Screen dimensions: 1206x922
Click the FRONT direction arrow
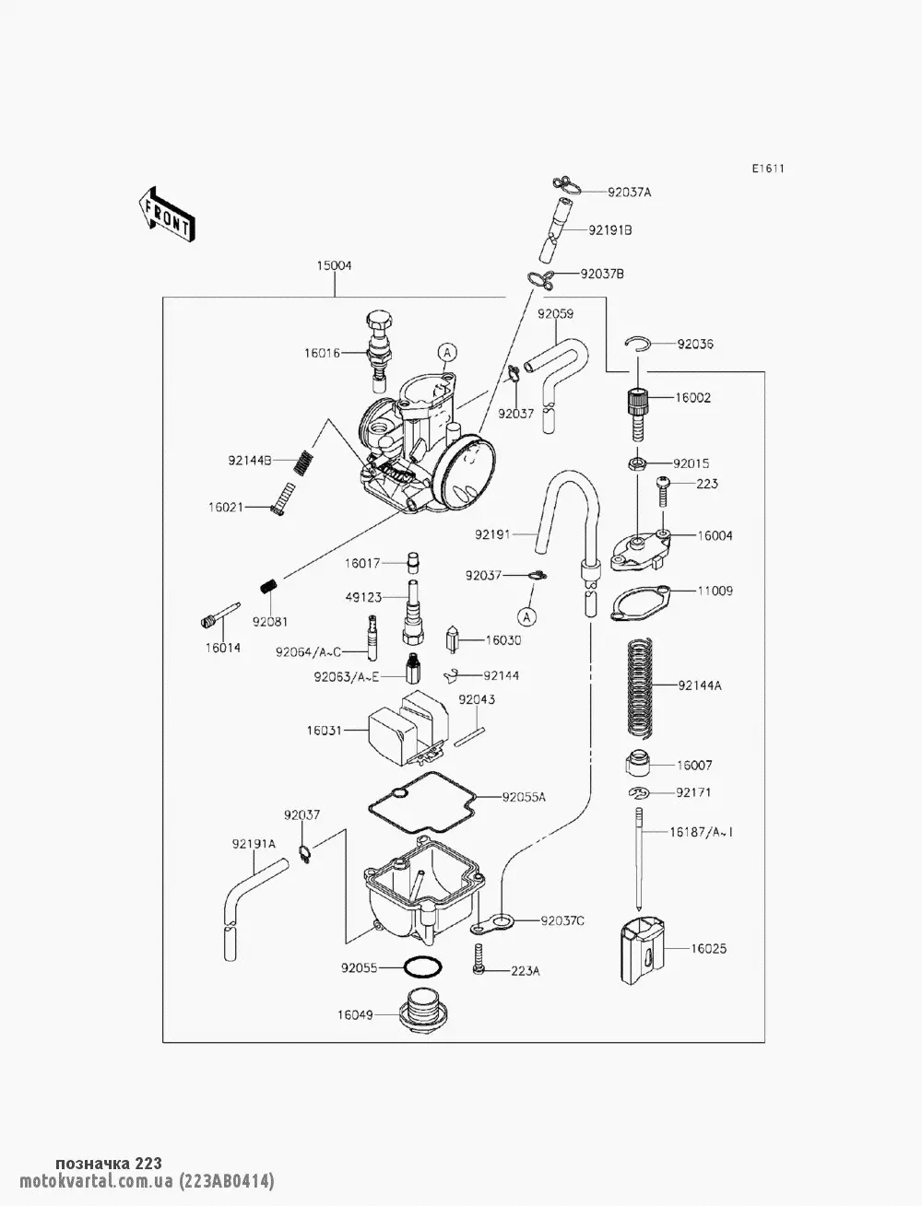(166, 214)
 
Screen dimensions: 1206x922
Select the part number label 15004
(335, 265)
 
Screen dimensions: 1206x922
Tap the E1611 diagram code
(767, 169)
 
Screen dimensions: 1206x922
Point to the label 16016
(322, 353)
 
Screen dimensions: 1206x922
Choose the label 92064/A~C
(308, 652)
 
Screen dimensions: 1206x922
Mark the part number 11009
(715, 591)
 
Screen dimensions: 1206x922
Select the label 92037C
(563, 919)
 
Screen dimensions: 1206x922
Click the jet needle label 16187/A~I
(702, 833)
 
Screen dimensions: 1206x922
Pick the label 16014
(223, 648)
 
